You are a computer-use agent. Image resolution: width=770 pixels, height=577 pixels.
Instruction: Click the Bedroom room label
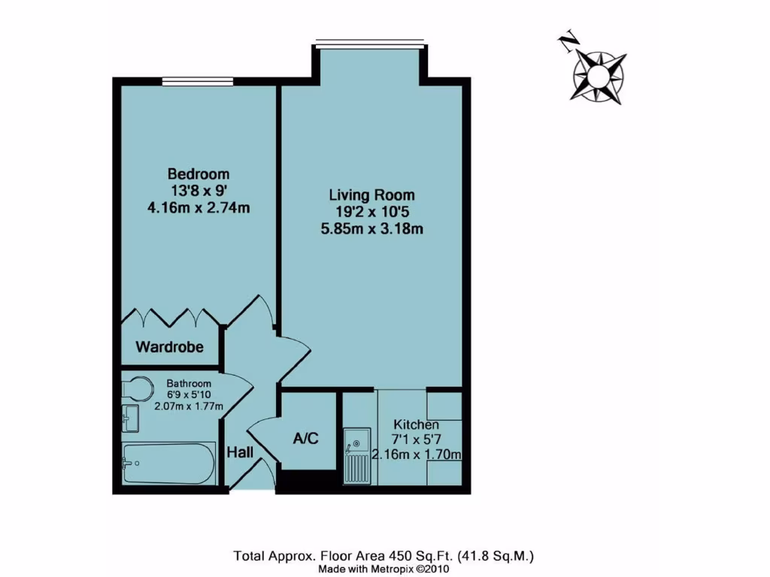(199, 174)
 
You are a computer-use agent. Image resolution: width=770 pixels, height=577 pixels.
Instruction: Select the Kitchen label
(414, 425)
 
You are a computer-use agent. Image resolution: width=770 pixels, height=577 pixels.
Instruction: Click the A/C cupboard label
(306, 438)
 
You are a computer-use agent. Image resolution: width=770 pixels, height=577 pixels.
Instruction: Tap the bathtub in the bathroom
(168, 463)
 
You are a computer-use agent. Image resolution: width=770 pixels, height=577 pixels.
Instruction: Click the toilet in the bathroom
(135, 387)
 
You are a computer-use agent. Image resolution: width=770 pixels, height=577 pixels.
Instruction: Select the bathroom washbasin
(130, 418)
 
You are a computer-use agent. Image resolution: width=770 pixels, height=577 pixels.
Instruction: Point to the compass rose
(599, 75)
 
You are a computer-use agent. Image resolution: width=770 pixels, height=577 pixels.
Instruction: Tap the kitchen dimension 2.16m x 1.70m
(417, 454)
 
